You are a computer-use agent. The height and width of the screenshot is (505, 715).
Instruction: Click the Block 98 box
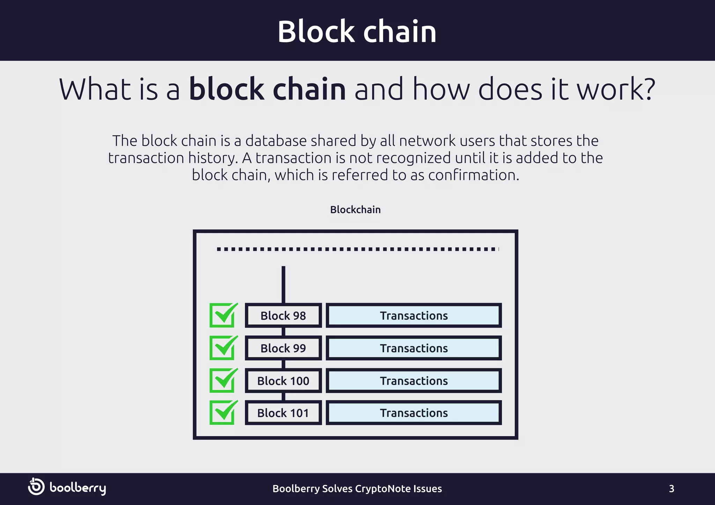pyautogui.click(x=283, y=316)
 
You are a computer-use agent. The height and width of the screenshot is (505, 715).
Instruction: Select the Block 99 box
pyautogui.click(x=283, y=348)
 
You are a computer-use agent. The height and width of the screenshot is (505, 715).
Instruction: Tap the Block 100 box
pyautogui.click(x=283, y=380)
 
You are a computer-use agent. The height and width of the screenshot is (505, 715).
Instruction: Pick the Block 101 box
pyautogui.click(x=283, y=413)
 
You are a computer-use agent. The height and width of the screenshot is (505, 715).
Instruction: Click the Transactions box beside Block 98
pyautogui.click(x=414, y=316)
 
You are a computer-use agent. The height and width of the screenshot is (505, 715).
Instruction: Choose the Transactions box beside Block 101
pyautogui.click(x=414, y=413)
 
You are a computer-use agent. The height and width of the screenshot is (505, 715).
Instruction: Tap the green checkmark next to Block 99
pyautogui.click(x=223, y=348)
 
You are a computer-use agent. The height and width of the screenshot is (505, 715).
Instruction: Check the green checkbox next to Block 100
pyautogui.click(x=223, y=380)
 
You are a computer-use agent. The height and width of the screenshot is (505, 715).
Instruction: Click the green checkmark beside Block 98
pyautogui.click(x=223, y=315)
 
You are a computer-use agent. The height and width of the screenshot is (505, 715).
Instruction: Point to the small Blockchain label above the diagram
pyautogui.click(x=355, y=210)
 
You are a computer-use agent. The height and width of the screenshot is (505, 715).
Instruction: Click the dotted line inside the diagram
pyautogui.click(x=357, y=249)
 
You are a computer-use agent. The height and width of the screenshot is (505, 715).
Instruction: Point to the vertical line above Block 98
pyautogui.click(x=283, y=284)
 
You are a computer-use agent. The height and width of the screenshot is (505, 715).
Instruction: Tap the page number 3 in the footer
pyautogui.click(x=671, y=489)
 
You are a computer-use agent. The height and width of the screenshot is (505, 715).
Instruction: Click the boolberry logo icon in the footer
pyautogui.click(x=36, y=487)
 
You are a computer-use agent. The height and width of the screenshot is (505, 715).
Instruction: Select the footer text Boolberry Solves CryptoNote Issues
pyautogui.click(x=357, y=489)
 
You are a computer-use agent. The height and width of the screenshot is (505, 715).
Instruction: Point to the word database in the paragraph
pyautogui.click(x=276, y=141)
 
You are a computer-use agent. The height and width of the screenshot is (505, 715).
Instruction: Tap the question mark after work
pyautogui.click(x=649, y=89)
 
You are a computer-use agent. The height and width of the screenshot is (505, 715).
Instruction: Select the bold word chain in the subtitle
pyautogui.click(x=309, y=89)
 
